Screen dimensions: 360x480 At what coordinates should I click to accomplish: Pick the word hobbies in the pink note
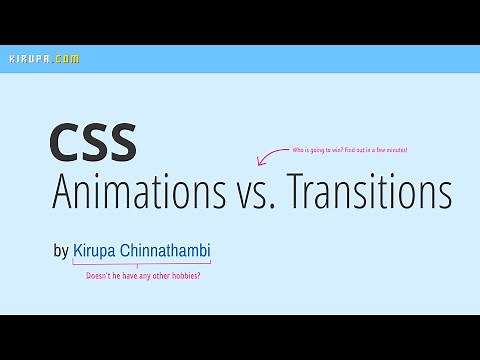pyautogui.click(x=185, y=275)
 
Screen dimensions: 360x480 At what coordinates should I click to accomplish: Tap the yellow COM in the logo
pyautogui.click(x=66, y=59)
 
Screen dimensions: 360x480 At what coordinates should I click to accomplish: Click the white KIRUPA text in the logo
pyautogui.click(x=28, y=59)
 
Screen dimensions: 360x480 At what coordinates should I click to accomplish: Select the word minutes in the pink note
pyautogui.click(x=396, y=149)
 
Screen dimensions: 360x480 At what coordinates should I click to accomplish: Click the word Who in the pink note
pyautogui.click(x=298, y=149)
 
